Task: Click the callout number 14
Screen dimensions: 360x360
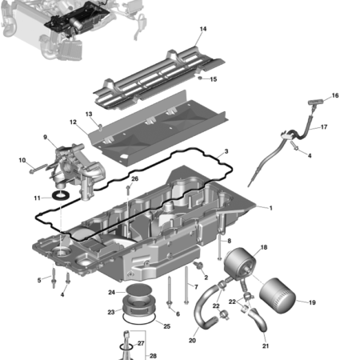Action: tap(203, 29)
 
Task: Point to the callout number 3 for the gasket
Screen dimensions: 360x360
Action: tap(226, 150)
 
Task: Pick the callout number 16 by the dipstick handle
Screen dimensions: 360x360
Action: tap(335, 95)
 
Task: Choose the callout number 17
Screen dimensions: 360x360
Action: tap(324, 126)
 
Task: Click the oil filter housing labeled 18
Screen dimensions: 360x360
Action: tap(239, 266)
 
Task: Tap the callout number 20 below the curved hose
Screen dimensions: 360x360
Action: tap(192, 340)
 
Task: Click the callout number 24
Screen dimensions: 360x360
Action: tap(111, 292)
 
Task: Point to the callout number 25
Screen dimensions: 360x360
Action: tap(166, 326)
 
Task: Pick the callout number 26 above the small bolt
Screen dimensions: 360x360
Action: tap(134, 178)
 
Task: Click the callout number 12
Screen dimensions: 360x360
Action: tap(72, 122)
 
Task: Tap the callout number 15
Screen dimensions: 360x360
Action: tap(213, 79)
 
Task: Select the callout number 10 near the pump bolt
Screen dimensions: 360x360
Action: tap(22, 161)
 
